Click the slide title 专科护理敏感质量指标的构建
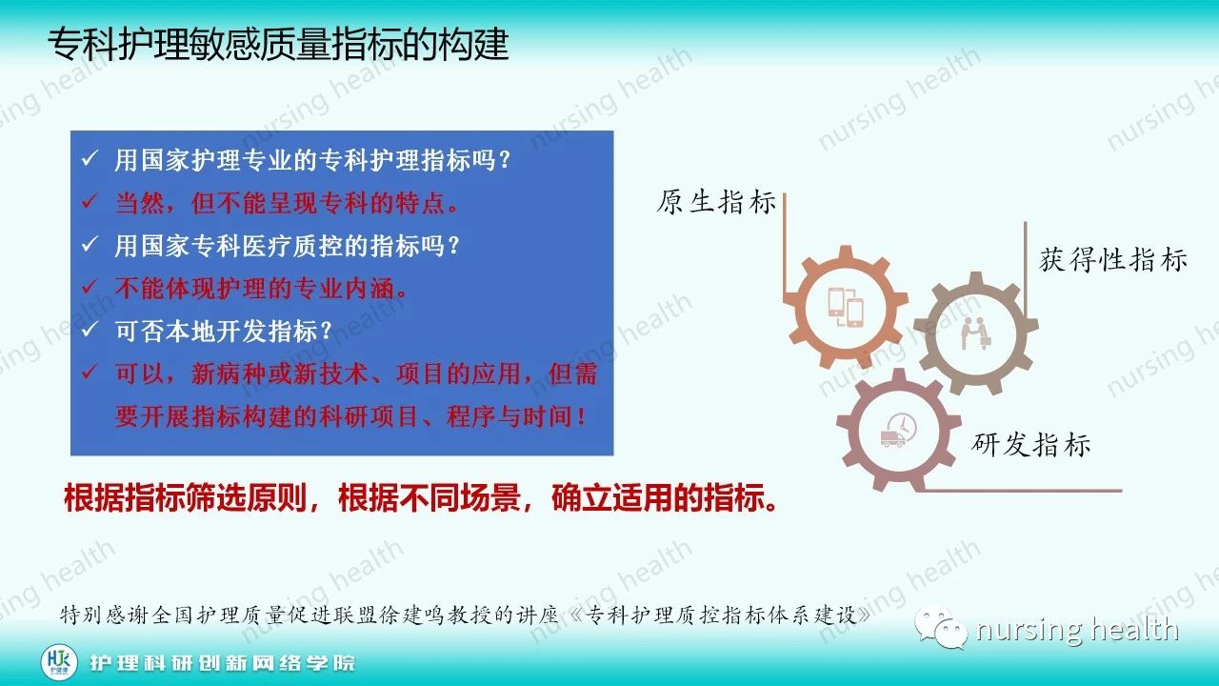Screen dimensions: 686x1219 click(x=278, y=44)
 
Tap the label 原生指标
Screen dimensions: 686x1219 click(x=716, y=203)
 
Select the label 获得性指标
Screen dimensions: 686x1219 click(x=1112, y=260)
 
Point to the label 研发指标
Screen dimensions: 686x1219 click(x=1030, y=444)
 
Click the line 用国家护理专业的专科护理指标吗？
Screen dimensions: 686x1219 click(x=313, y=161)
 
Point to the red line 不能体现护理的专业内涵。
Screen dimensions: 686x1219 click(x=262, y=288)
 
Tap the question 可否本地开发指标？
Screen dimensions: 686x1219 click(x=224, y=331)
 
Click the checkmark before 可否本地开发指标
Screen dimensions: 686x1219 click(x=90, y=330)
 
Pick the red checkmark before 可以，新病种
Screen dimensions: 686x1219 click(x=90, y=373)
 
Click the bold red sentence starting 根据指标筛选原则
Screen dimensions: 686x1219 click(x=421, y=498)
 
